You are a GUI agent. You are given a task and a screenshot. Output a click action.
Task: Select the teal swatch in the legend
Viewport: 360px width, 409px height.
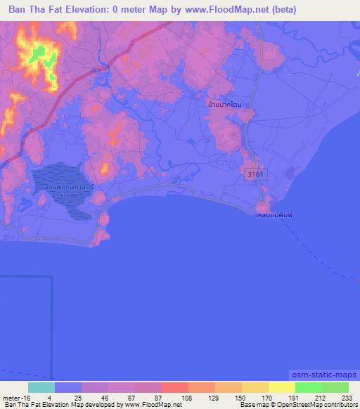point(41,387)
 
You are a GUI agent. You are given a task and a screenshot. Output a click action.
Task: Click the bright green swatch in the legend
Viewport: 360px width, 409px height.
point(308,387)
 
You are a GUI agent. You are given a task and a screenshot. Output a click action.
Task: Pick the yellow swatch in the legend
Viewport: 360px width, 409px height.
point(281,387)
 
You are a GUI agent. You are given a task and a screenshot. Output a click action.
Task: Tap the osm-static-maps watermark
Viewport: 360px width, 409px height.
point(324,376)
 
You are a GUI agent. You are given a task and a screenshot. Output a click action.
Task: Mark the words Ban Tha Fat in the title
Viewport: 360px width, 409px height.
point(34,10)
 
